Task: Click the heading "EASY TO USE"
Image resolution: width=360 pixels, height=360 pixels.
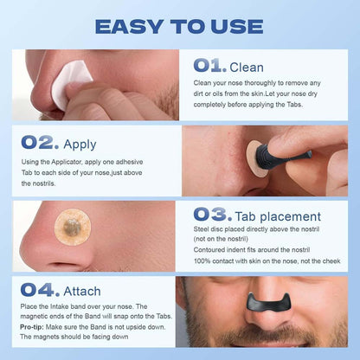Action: tap(179, 27)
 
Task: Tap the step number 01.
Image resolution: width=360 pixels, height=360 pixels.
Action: tap(209, 66)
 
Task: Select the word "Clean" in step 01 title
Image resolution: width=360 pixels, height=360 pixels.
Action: tap(247, 67)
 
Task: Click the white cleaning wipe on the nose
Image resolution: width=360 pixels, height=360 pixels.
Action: tap(70, 84)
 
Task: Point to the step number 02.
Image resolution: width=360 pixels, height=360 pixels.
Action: tap(40, 143)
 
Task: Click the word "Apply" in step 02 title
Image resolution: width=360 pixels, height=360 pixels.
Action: tap(80, 145)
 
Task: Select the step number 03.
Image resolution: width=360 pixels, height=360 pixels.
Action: tap(213, 215)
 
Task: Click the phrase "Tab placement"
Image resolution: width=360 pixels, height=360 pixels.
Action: tap(278, 216)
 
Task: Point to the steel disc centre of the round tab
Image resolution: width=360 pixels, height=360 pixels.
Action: tap(71, 226)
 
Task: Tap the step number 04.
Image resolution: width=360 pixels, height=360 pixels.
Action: tap(40, 290)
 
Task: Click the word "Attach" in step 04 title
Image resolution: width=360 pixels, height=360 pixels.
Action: tap(82, 292)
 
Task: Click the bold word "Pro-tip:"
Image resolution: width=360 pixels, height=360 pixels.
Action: tap(32, 327)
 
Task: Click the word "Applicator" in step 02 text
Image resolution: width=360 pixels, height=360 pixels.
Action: tap(67, 162)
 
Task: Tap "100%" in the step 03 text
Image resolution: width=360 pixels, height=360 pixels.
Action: tap(202, 261)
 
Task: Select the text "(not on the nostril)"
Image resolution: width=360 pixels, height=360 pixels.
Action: tap(221, 239)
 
